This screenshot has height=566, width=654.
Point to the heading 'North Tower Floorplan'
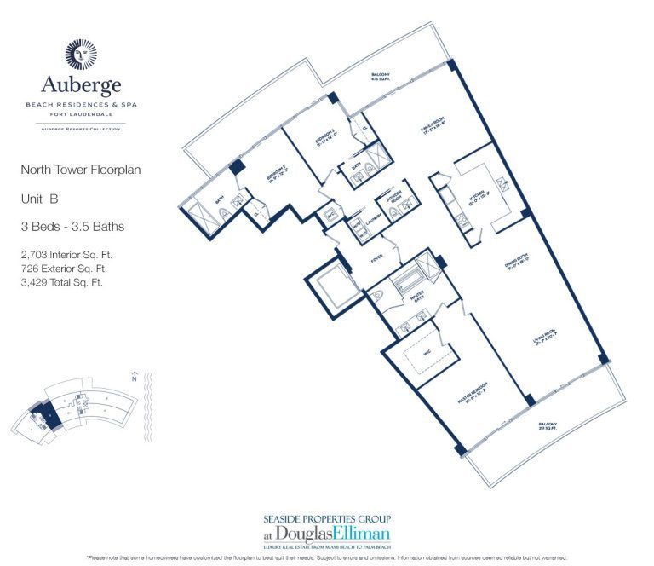[x=81, y=170]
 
